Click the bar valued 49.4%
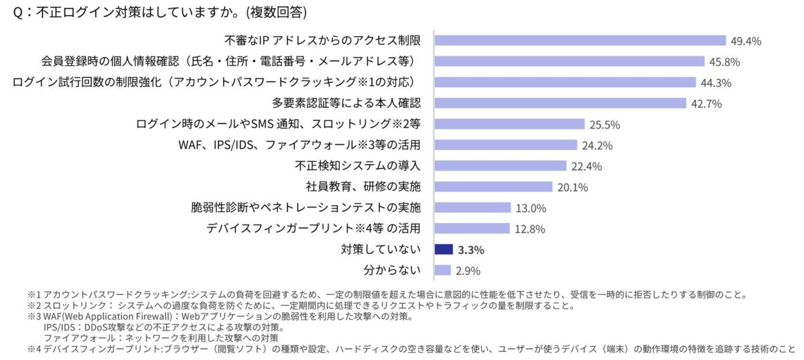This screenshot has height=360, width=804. pos(580,41)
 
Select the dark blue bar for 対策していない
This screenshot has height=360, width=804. pos(444,249)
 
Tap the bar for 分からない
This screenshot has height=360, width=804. pos(442,270)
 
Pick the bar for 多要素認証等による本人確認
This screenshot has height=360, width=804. pos(560,103)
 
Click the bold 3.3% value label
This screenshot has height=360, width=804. pos(471,250)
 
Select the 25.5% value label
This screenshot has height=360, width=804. pos(605,125)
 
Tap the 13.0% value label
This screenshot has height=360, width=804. pos(531,208)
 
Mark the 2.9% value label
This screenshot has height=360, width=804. pos(468,271)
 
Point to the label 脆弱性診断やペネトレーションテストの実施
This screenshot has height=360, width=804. pos(306,208)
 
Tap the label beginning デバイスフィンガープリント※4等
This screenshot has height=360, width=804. pos(314,229)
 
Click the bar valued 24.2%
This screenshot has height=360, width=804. pos(506,145)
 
